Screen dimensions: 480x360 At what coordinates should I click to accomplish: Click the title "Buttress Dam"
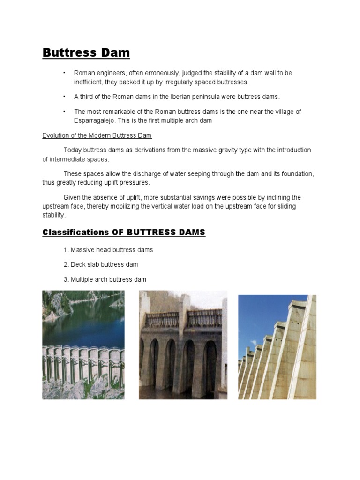86,52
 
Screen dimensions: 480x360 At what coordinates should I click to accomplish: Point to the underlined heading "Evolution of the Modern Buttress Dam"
97,135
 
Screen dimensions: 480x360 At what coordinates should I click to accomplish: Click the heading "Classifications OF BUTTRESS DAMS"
124,232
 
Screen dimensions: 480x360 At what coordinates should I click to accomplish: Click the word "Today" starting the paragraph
73,150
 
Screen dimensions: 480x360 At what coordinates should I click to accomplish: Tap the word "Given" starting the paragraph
72,197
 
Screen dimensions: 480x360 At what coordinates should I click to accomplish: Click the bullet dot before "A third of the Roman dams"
64,97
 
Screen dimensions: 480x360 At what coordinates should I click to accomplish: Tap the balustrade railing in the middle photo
183,319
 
